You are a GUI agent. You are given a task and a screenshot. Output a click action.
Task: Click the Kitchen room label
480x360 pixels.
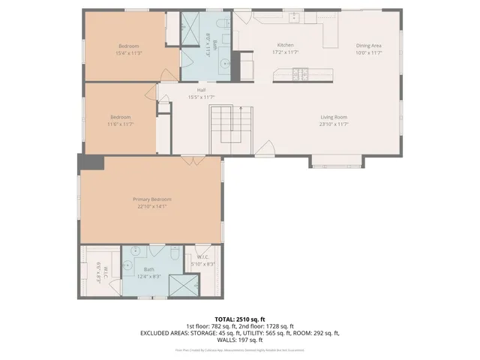point(286,45)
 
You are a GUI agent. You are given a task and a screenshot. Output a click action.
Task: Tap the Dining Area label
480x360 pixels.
point(369,45)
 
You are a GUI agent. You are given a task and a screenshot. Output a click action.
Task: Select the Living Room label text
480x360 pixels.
point(334,116)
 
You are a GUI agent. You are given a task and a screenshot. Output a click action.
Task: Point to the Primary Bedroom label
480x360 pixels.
point(152,199)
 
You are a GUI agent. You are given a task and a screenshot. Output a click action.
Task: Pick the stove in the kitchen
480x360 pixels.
point(300,73)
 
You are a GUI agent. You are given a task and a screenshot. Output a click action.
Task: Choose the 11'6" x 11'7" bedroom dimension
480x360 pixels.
point(121,124)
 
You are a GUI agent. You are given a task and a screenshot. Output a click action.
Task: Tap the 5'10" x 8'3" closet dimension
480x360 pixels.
point(202,265)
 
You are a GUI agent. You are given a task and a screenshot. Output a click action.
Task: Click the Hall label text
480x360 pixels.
point(202,89)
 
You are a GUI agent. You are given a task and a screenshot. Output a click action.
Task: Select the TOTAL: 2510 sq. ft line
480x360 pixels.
point(239,319)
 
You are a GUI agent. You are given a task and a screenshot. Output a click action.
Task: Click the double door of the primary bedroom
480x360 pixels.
point(193,160)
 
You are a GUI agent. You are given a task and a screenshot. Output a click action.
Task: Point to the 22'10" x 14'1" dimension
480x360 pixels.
point(152,207)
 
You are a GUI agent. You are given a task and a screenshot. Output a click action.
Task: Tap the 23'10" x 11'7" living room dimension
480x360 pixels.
point(334,124)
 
